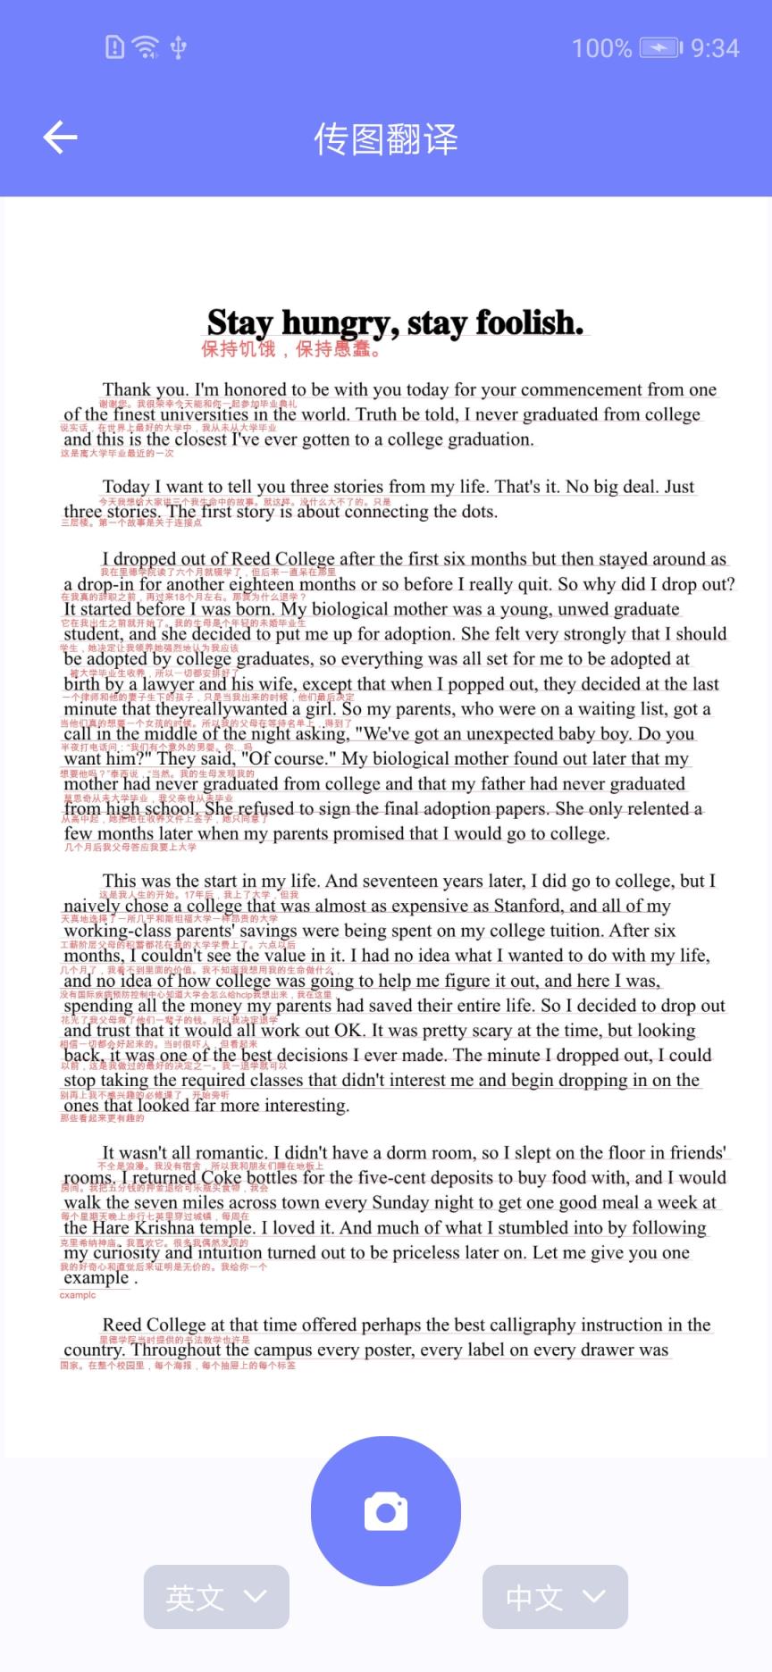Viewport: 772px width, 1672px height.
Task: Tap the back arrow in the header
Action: (60, 138)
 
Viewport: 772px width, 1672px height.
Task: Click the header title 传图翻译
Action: (385, 139)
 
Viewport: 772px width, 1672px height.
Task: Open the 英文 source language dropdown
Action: (216, 1596)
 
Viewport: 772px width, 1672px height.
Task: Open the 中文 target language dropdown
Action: (555, 1596)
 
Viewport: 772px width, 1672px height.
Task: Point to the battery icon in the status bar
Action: (660, 47)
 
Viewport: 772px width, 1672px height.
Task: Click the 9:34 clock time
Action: (715, 48)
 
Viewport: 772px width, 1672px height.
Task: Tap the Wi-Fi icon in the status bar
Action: (145, 46)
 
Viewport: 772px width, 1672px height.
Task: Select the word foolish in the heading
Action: (529, 322)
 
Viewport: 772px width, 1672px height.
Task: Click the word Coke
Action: (221, 1178)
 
